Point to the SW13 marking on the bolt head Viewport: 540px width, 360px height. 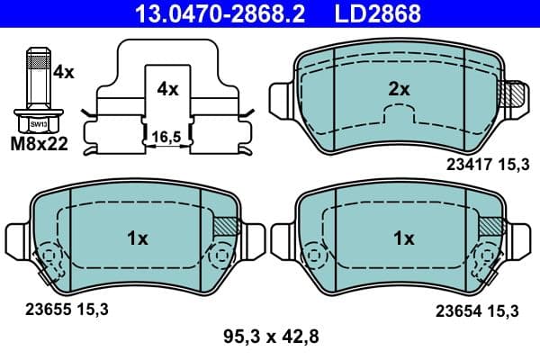[37, 123]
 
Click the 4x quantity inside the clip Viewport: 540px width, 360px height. [168, 89]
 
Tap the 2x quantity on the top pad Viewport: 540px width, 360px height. [399, 89]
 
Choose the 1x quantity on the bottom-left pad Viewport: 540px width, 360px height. [137, 238]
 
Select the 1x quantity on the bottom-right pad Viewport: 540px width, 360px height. [404, 238]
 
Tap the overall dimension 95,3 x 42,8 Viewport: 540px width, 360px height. [271, 338]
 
